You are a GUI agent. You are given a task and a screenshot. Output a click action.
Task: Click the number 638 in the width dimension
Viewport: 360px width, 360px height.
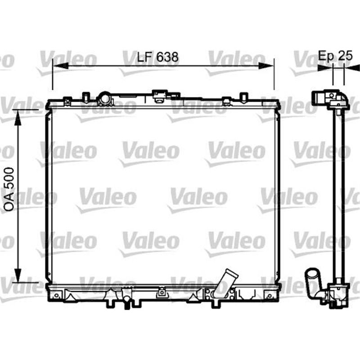(167, 57)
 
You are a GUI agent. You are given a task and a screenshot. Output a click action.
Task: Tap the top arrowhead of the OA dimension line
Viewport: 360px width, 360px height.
(18, 114)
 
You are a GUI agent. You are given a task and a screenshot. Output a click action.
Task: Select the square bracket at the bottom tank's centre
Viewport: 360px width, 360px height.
(161, 293)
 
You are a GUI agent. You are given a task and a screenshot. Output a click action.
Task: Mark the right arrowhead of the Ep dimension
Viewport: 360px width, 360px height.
(348, 67)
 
